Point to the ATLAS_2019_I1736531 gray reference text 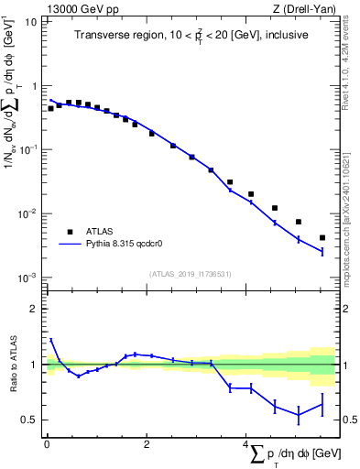(191, 273)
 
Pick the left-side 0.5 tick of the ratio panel (33, 420)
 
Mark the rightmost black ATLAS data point (322, 237)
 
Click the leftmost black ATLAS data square (50, 108)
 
